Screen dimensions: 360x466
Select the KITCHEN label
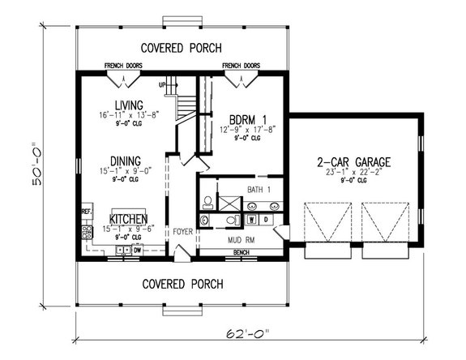coord(129,220)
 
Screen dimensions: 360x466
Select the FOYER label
coord(182,232)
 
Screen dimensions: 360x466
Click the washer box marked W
coord(252,219)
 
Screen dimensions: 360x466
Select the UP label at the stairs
coord(162,84)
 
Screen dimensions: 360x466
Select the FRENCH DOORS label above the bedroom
coord(241,66)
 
